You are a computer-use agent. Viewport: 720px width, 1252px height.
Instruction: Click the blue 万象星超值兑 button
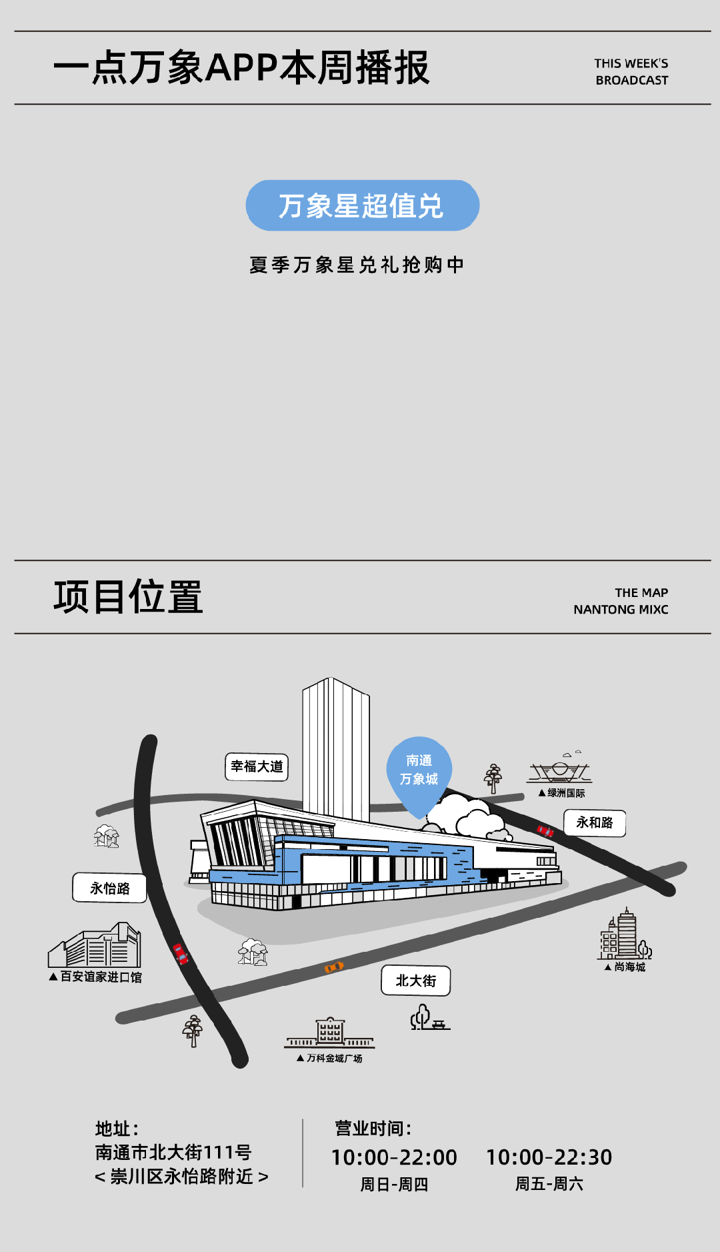point(362,205)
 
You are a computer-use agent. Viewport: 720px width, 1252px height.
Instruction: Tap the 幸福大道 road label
point(257,766)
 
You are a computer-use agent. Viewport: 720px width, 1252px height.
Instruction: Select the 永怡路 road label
point(109,888)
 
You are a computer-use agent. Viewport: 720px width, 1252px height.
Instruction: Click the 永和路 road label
point(594,822)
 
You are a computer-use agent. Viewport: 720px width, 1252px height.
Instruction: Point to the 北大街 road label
point(415,981)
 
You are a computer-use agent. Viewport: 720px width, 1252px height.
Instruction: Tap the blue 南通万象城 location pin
point(419,770)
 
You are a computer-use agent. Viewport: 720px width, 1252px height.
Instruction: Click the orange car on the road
point(333,967)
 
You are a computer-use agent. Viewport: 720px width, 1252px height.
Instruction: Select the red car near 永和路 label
point(545,830)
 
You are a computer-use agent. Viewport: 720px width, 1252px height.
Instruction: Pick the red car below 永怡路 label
point(180,954)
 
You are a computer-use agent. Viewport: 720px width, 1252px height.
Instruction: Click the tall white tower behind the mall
point(335,747)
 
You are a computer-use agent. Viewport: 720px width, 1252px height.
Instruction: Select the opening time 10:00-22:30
point(549,1157)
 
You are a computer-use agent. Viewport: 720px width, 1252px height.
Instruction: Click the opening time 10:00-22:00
point(394,1157)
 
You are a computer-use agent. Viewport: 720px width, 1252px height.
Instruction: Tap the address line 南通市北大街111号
point(173,1152)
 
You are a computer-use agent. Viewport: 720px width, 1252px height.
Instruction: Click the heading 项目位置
point(128,596)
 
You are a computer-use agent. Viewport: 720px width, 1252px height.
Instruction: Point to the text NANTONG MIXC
point(621,610)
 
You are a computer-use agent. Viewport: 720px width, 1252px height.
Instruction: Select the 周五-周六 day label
point(549,1184)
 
